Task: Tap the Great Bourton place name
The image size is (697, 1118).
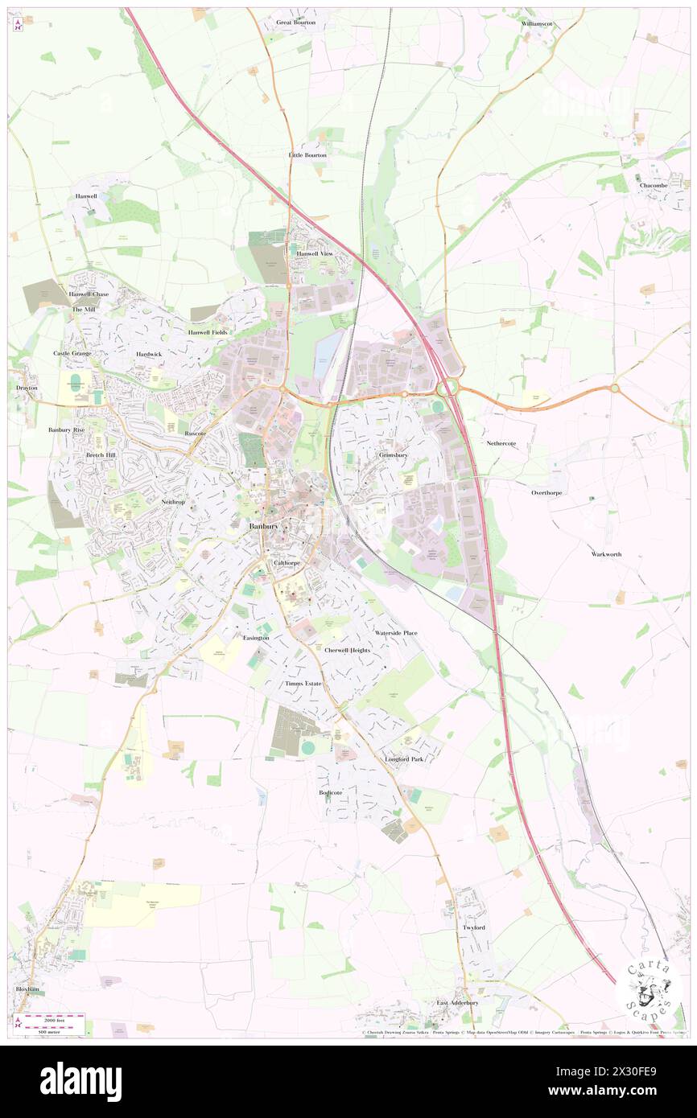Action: tap(295, 23)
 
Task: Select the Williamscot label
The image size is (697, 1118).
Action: tap(537, 24)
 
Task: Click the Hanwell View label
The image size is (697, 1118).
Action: tap(315, 253)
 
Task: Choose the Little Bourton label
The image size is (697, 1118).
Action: tap(307, 154)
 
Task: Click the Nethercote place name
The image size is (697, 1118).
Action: tap(501, 443)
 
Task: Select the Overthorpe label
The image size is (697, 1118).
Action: tap(551, 492)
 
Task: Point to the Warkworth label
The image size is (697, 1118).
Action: tap(606, 554)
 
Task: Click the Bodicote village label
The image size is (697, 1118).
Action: tap(330, 792)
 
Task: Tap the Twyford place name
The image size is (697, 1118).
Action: tap(473, 927)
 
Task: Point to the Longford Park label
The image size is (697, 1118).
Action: tap(403, 758)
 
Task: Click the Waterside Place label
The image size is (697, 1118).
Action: tap(395, 633)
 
